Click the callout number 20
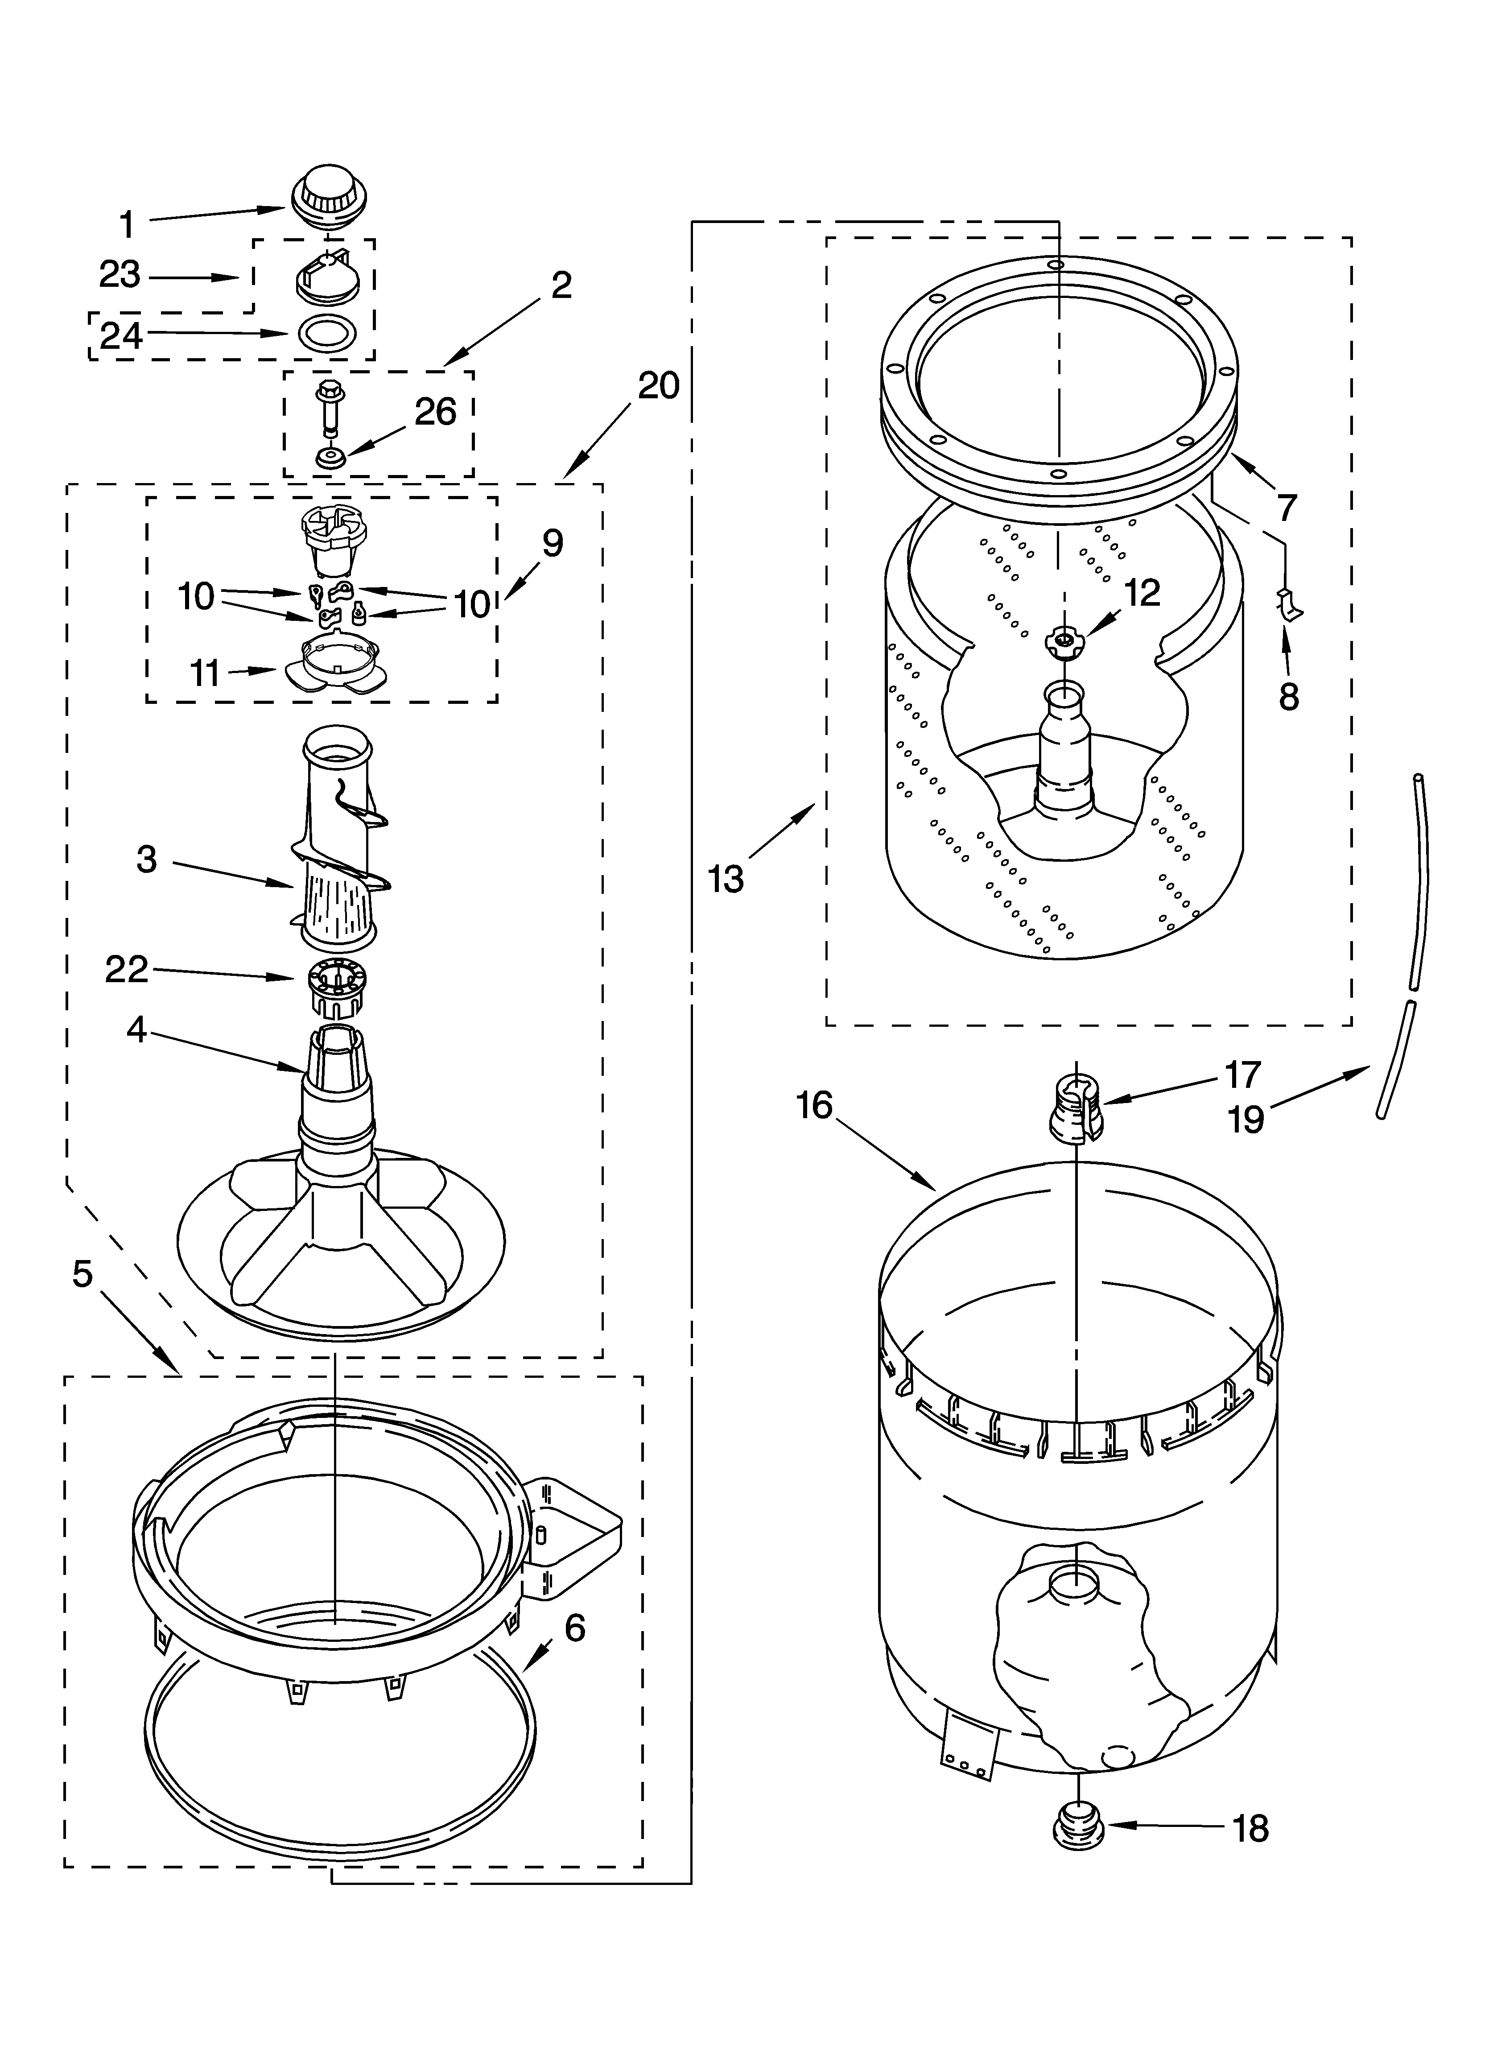pyautogui.click(x=658, y=386)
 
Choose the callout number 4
pyautogui.click(x=136, y=1030)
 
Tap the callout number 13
pyautogui.click(x=726, y=879)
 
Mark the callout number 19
pyautogui.click(x=1246, y=1119)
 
